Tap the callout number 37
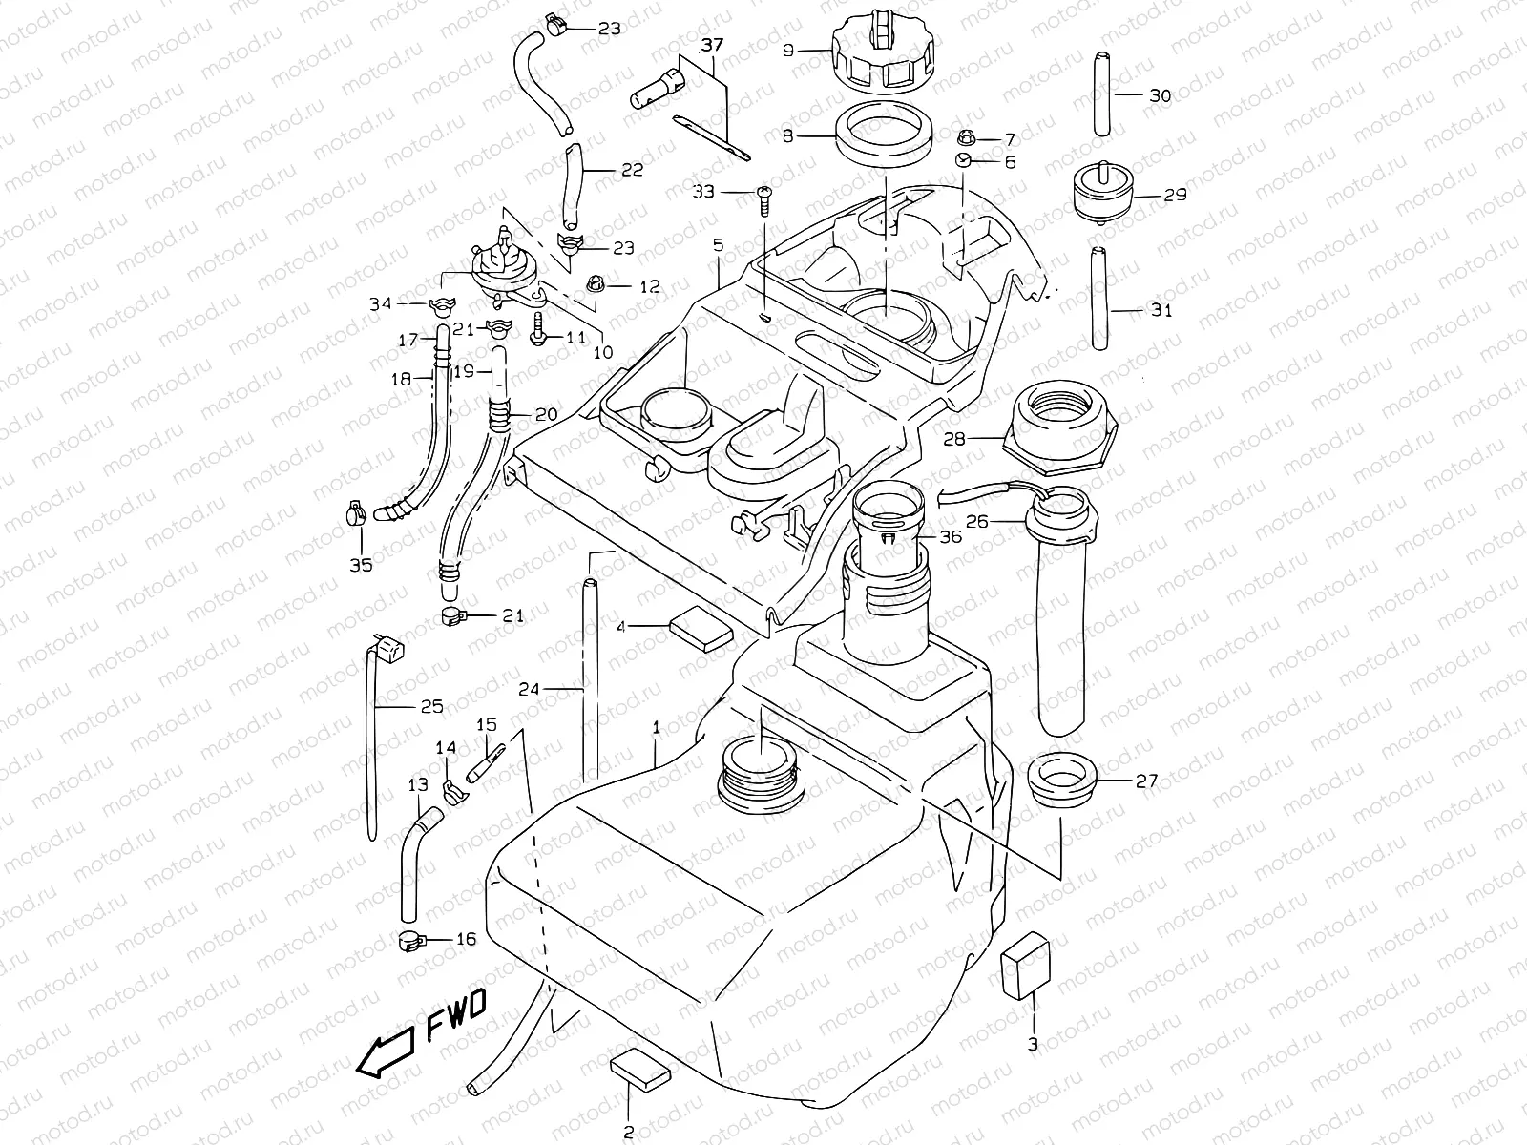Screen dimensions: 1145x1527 [x=713, y=45]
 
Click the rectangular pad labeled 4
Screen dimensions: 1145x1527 [x=701, y=632]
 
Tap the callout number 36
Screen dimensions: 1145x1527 [x=951, y=537]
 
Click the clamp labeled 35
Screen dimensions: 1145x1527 [x=352, y=515]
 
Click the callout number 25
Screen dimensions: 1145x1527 [x=431, y=707]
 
